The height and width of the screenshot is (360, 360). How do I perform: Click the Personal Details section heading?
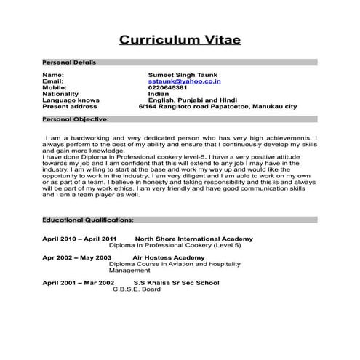click(69, 63)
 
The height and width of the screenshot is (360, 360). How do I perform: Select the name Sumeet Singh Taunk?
click(182, 75)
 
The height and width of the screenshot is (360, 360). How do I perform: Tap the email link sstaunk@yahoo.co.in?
click(180, 81)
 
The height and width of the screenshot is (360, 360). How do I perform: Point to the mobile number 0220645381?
click(167, 87)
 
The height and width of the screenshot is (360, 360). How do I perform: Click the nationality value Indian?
click(158, 94)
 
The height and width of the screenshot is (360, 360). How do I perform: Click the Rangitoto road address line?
click(217, 107)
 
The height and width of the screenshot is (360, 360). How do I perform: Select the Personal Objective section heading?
click(76, 118)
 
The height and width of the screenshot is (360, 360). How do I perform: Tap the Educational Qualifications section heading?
click(87, 219)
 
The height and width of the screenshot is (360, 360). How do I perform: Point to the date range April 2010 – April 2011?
click(79, 239)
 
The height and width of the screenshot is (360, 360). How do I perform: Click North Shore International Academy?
click(194, 239)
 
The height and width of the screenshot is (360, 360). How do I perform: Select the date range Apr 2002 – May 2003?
click(76, 257)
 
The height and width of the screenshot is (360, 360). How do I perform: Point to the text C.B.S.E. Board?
click(137, 289)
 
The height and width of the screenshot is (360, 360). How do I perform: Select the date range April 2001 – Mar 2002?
click(78, 282)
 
